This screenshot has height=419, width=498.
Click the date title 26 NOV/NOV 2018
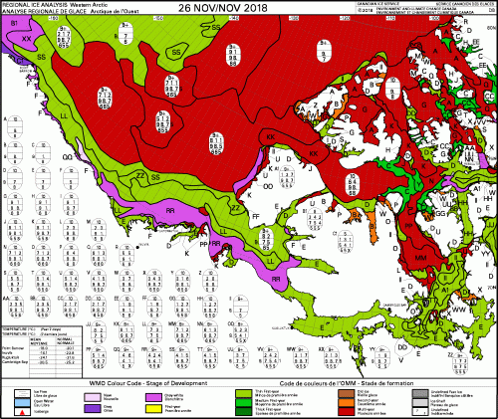(x=250, y=9)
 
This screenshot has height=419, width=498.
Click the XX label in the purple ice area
(x=27, y=37)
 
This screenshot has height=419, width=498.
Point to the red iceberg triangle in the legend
(x=10, y=409)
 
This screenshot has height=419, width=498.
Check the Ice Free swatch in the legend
(x=10, y=390)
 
